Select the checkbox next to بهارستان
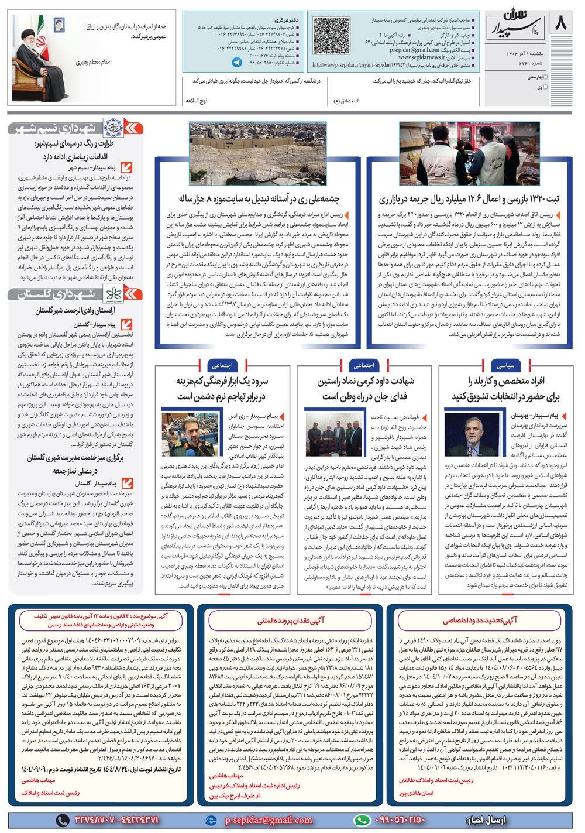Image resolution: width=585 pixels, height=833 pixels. tap(546, 77)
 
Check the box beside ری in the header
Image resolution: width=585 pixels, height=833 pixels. tap(546, 87)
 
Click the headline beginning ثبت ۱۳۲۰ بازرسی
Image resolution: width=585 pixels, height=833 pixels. tap(469, 200)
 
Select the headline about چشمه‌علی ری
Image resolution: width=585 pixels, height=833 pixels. tap(259, 200)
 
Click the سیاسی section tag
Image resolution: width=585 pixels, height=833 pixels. tap(505, 365)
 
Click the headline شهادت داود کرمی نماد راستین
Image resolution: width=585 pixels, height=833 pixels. tap(365, 382)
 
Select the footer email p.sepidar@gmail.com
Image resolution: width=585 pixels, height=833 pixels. tap(269, 820)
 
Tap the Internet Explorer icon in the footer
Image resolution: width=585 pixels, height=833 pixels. tap(211, 820)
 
